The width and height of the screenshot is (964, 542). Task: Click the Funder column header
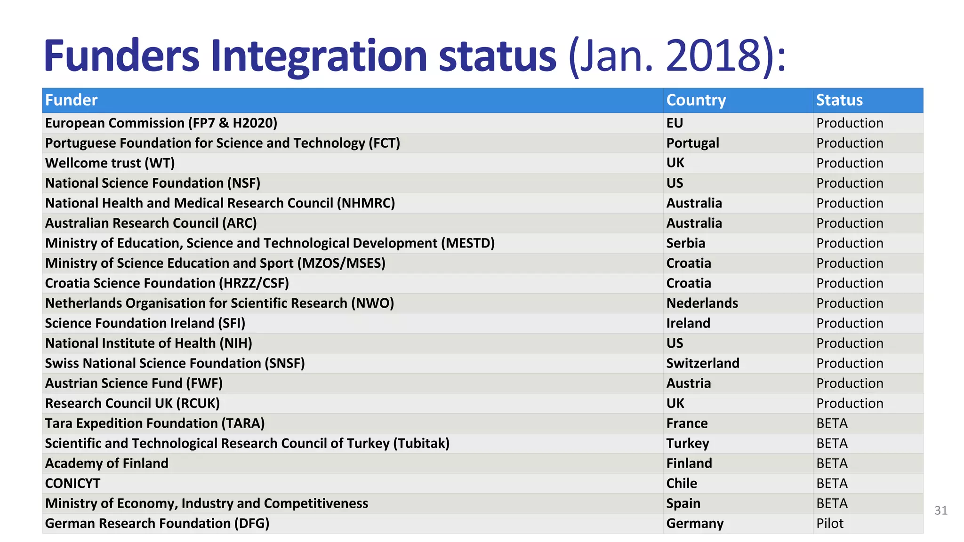[x=71, y=100]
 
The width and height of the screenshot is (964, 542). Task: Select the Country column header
[x=696, y=100]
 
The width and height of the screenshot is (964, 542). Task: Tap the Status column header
[x=839, y=100]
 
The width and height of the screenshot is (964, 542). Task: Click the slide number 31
[x=940, y=510]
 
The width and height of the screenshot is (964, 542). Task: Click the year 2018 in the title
[x=714, y=56]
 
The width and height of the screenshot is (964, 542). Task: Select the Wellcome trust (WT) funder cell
[x=110, y=163]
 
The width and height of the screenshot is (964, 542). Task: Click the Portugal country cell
[x=692, y=143]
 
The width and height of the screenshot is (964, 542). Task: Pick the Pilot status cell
[x=829, y=524]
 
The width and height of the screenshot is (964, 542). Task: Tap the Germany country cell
[x=695, y=524]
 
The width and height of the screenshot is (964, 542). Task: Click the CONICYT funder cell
[x=72, y=484]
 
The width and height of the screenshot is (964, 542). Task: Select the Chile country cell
[x=681, y=484]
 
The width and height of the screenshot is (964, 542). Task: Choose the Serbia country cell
[x=685, y=243]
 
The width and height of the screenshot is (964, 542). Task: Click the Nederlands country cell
[x=702, y=303]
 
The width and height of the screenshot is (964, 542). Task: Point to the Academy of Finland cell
[x=106, y=463]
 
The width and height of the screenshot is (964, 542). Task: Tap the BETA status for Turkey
[x=832, y=444]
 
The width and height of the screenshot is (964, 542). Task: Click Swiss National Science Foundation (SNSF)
[x=175, y=364]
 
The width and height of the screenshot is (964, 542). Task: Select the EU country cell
[x=674, y=123]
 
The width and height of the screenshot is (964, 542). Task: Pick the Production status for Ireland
[x=849, y=324]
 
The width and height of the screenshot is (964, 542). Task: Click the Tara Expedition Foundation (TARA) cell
[x=154, y=423]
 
